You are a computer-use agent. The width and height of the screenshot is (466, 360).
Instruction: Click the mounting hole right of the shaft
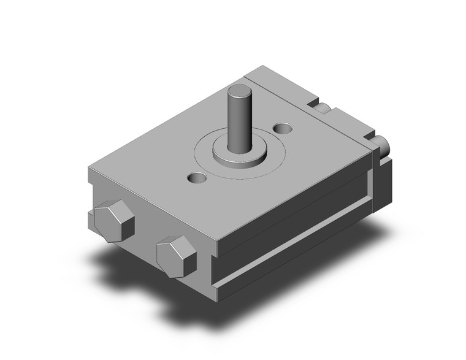coord(283,129)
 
